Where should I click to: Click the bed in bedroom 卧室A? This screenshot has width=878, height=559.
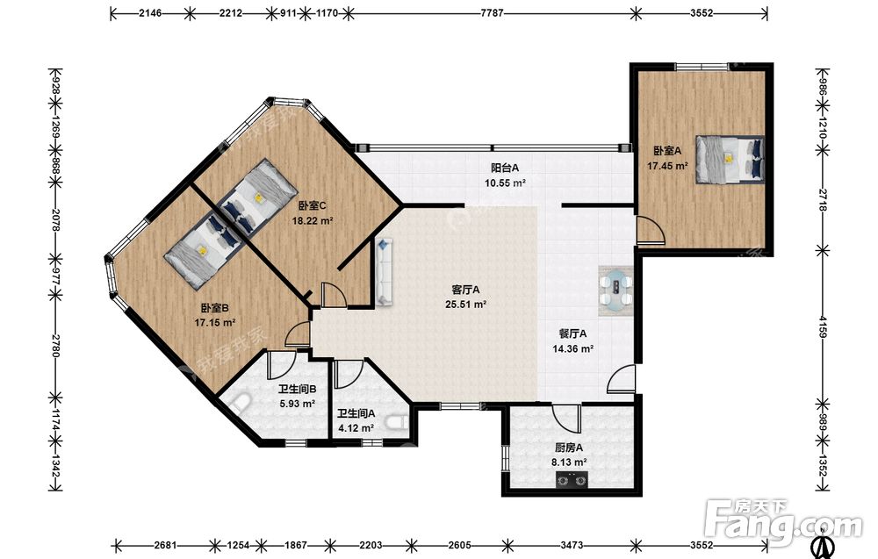pyautogui.click(x=730, y=160)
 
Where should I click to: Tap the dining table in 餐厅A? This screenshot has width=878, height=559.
pyautogui.click(x=616, y=291)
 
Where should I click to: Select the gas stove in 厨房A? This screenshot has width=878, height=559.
pyautogui.click(x=572, y=480)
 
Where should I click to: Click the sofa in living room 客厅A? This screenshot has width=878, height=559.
pyautogui.click(x=385, y=272)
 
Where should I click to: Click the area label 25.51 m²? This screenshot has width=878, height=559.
pyautogui.click(x=465, y=305)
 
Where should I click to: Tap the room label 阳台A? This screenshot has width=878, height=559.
pyautogui.click(x=505, y=168)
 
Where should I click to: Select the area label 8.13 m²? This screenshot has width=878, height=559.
pyautogui.click(x=569, y=462)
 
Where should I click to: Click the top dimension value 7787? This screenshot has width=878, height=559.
pyautogui.click(x=492, y=13)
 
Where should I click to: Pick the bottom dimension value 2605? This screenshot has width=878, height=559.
pyautogui.click(x=459, y=545)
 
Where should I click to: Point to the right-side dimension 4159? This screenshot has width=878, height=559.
pyautogui.click(x=822, y=326)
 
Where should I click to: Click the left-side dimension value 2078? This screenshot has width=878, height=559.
pyautogui.click(x=55, y=220)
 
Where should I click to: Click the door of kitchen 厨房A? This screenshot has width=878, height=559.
pyautogui.click(x=565, y=418)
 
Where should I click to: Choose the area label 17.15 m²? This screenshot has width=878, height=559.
pyautogui.click(x=214, y=322)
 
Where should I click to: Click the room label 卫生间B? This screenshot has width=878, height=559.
pyautogui.click(x=298, y=389)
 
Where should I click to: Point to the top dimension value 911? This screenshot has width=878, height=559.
pyautogui.click(x=288, y=13)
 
